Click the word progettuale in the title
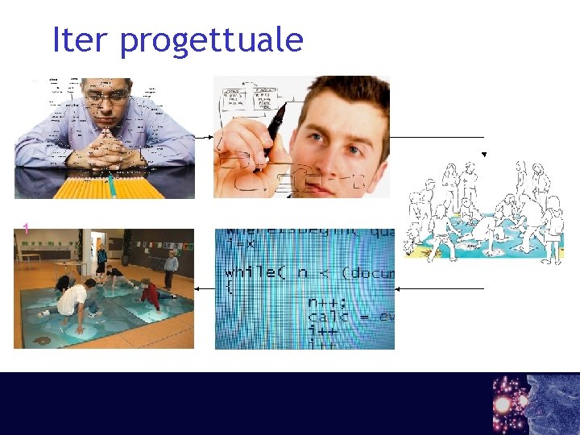tap(211, 41)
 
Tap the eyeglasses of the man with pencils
tap(108, 95)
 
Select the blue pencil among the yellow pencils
tap(114, 187)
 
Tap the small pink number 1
tap(26, 229)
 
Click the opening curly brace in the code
tap(229, 286)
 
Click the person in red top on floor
tap(150, 292)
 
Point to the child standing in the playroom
tap(171, 269)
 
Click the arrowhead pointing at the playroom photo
tap(197, 288)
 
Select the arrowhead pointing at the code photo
tap(398, 288)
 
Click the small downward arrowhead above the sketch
tap(484, 154)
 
